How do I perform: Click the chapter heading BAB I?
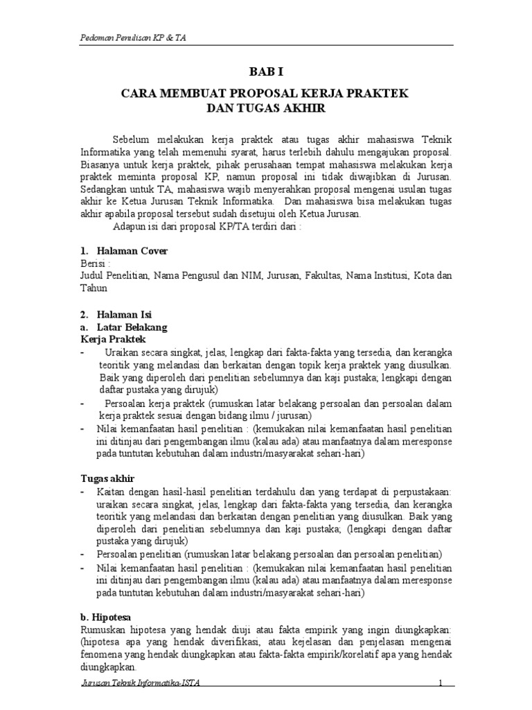tap(266, 71)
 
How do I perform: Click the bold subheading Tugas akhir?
tap(107, 478)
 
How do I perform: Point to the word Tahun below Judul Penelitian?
tap(94, 288)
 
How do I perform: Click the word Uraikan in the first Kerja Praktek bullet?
tap(123, 352)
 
